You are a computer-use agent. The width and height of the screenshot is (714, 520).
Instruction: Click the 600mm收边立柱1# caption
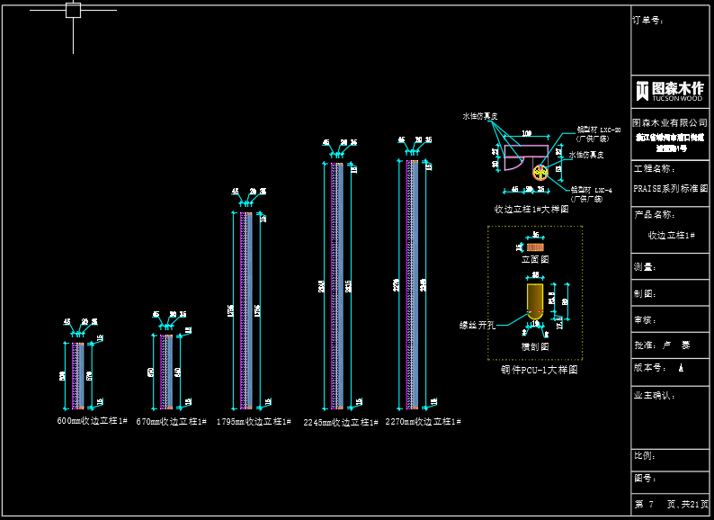pos(93,421)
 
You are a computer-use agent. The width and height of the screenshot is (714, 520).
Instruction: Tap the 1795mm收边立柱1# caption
pos(254,421)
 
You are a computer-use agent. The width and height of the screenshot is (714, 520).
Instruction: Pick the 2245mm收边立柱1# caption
pos(341,422)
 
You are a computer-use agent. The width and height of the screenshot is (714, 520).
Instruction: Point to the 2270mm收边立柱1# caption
pos(423,421)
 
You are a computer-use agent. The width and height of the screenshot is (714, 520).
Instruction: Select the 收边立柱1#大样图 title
pos(531,209)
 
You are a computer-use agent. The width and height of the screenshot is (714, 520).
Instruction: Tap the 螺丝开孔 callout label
pos(477,325)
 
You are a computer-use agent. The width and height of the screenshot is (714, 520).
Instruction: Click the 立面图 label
pos(535,259)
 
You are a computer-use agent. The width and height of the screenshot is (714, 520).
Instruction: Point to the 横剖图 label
pos(535,346)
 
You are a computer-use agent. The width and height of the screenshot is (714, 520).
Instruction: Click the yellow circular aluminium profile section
pos(540,172)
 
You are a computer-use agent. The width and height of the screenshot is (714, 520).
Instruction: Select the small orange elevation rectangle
pos(535,247)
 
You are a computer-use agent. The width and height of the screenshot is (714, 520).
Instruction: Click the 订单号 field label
pos(648,20)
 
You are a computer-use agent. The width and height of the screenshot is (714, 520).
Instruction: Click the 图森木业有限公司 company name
pos(669,122)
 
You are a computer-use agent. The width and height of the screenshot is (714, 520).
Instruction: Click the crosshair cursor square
pos(74,11)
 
